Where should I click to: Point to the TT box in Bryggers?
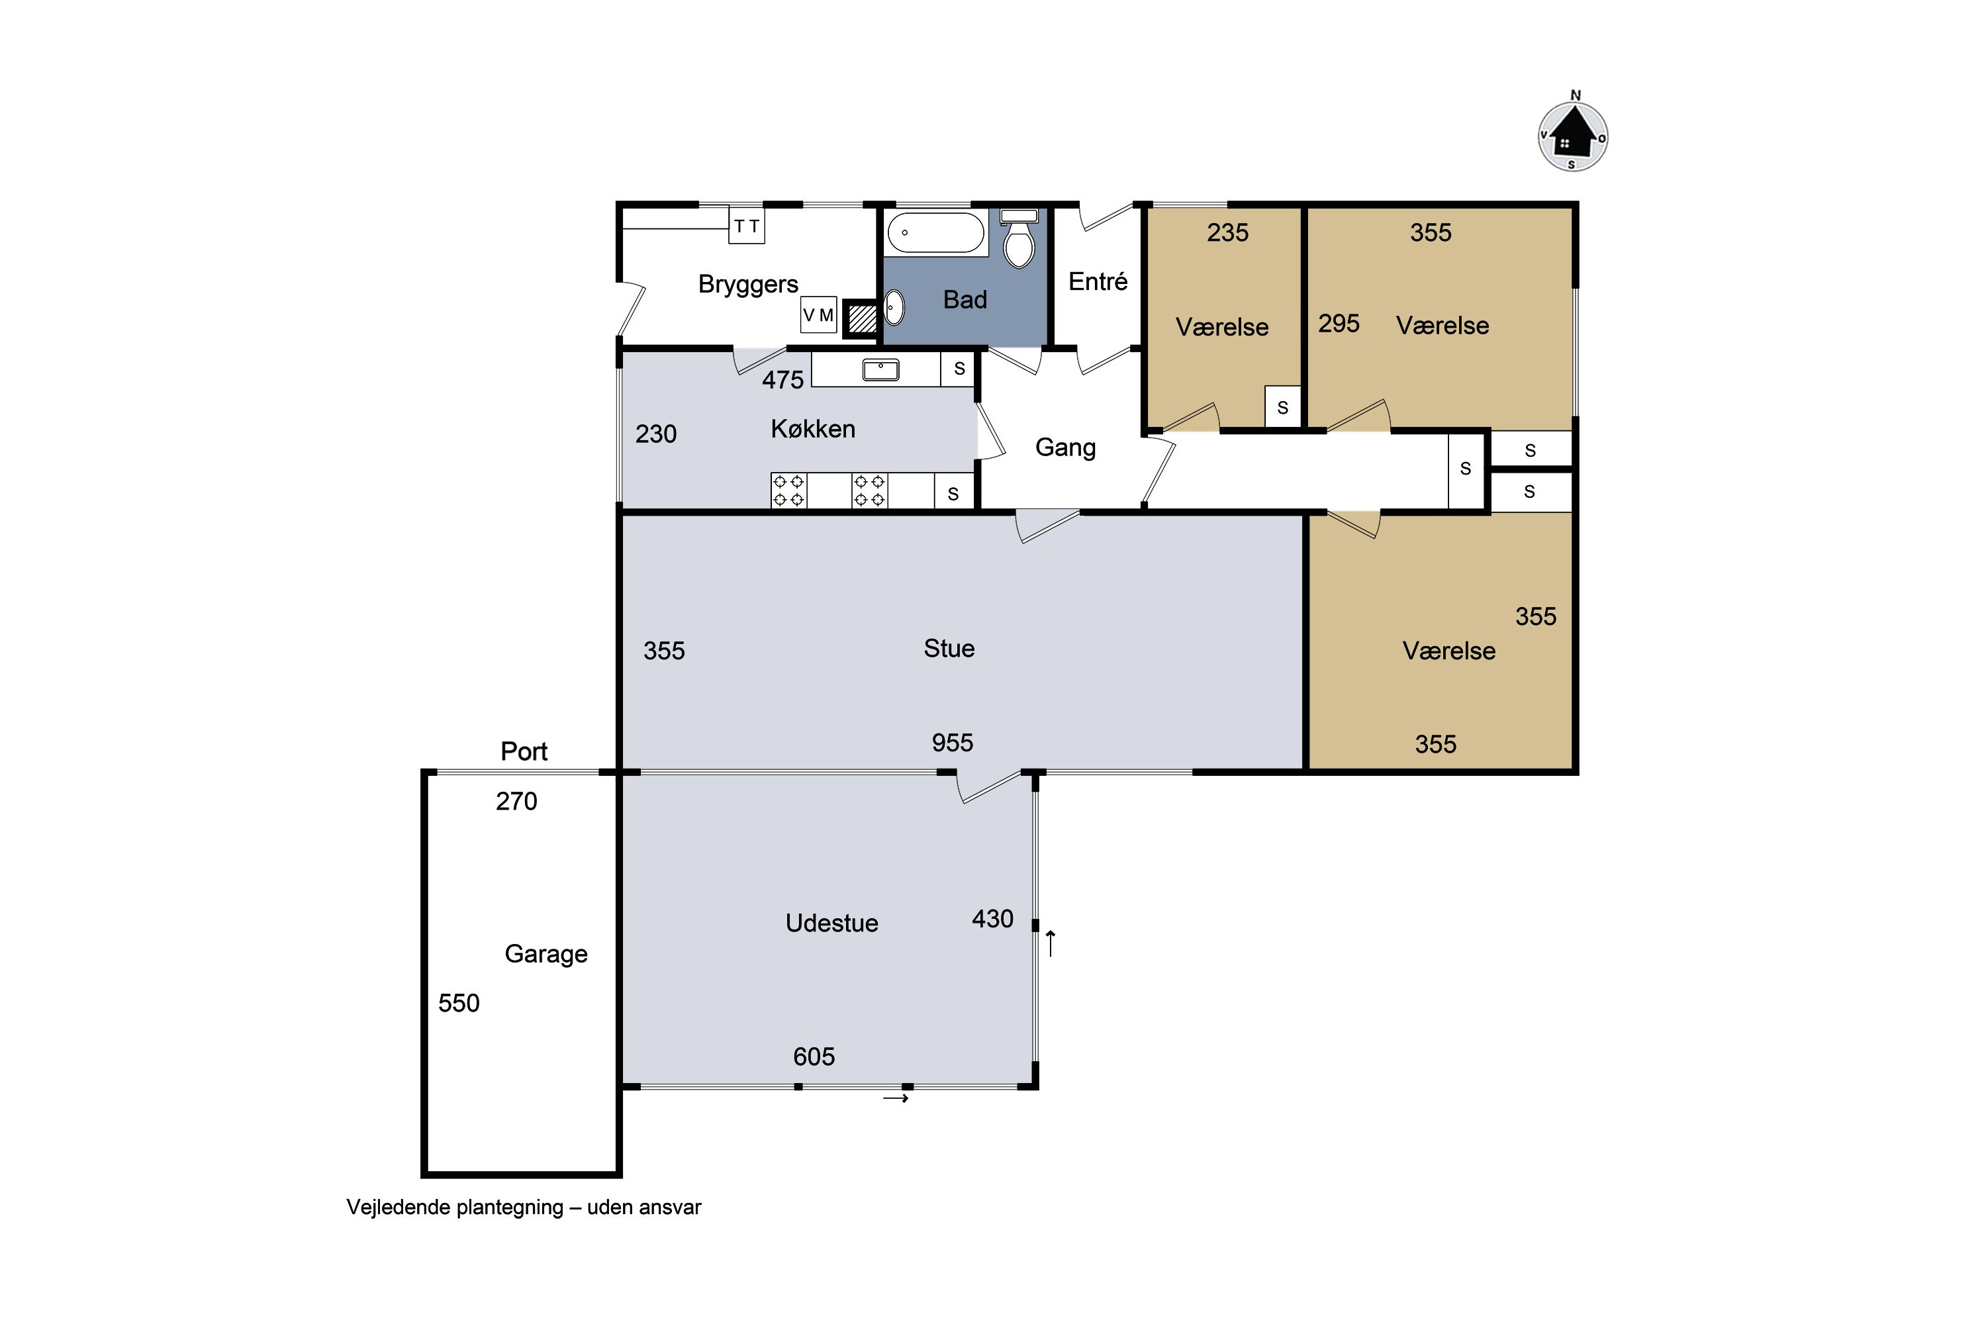coord(747,226)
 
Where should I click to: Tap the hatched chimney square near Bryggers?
coord(862,318)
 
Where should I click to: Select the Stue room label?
coord(949,649)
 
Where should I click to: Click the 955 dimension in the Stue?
coord(953,743)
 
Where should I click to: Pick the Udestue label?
coord(831,923)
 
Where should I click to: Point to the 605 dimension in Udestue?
coord(814,1057)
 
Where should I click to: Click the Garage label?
coord(546,954)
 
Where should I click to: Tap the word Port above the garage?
coord(524,751)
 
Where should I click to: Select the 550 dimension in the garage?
coord(459,1003)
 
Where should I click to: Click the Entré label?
coord(1098,281)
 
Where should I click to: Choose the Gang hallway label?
coord(1066,448)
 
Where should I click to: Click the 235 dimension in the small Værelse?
coord(1228,233)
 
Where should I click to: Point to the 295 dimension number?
coord(1339,324)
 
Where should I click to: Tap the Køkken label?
coord(813,429)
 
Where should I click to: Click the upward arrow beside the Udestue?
coord(1051,943)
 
